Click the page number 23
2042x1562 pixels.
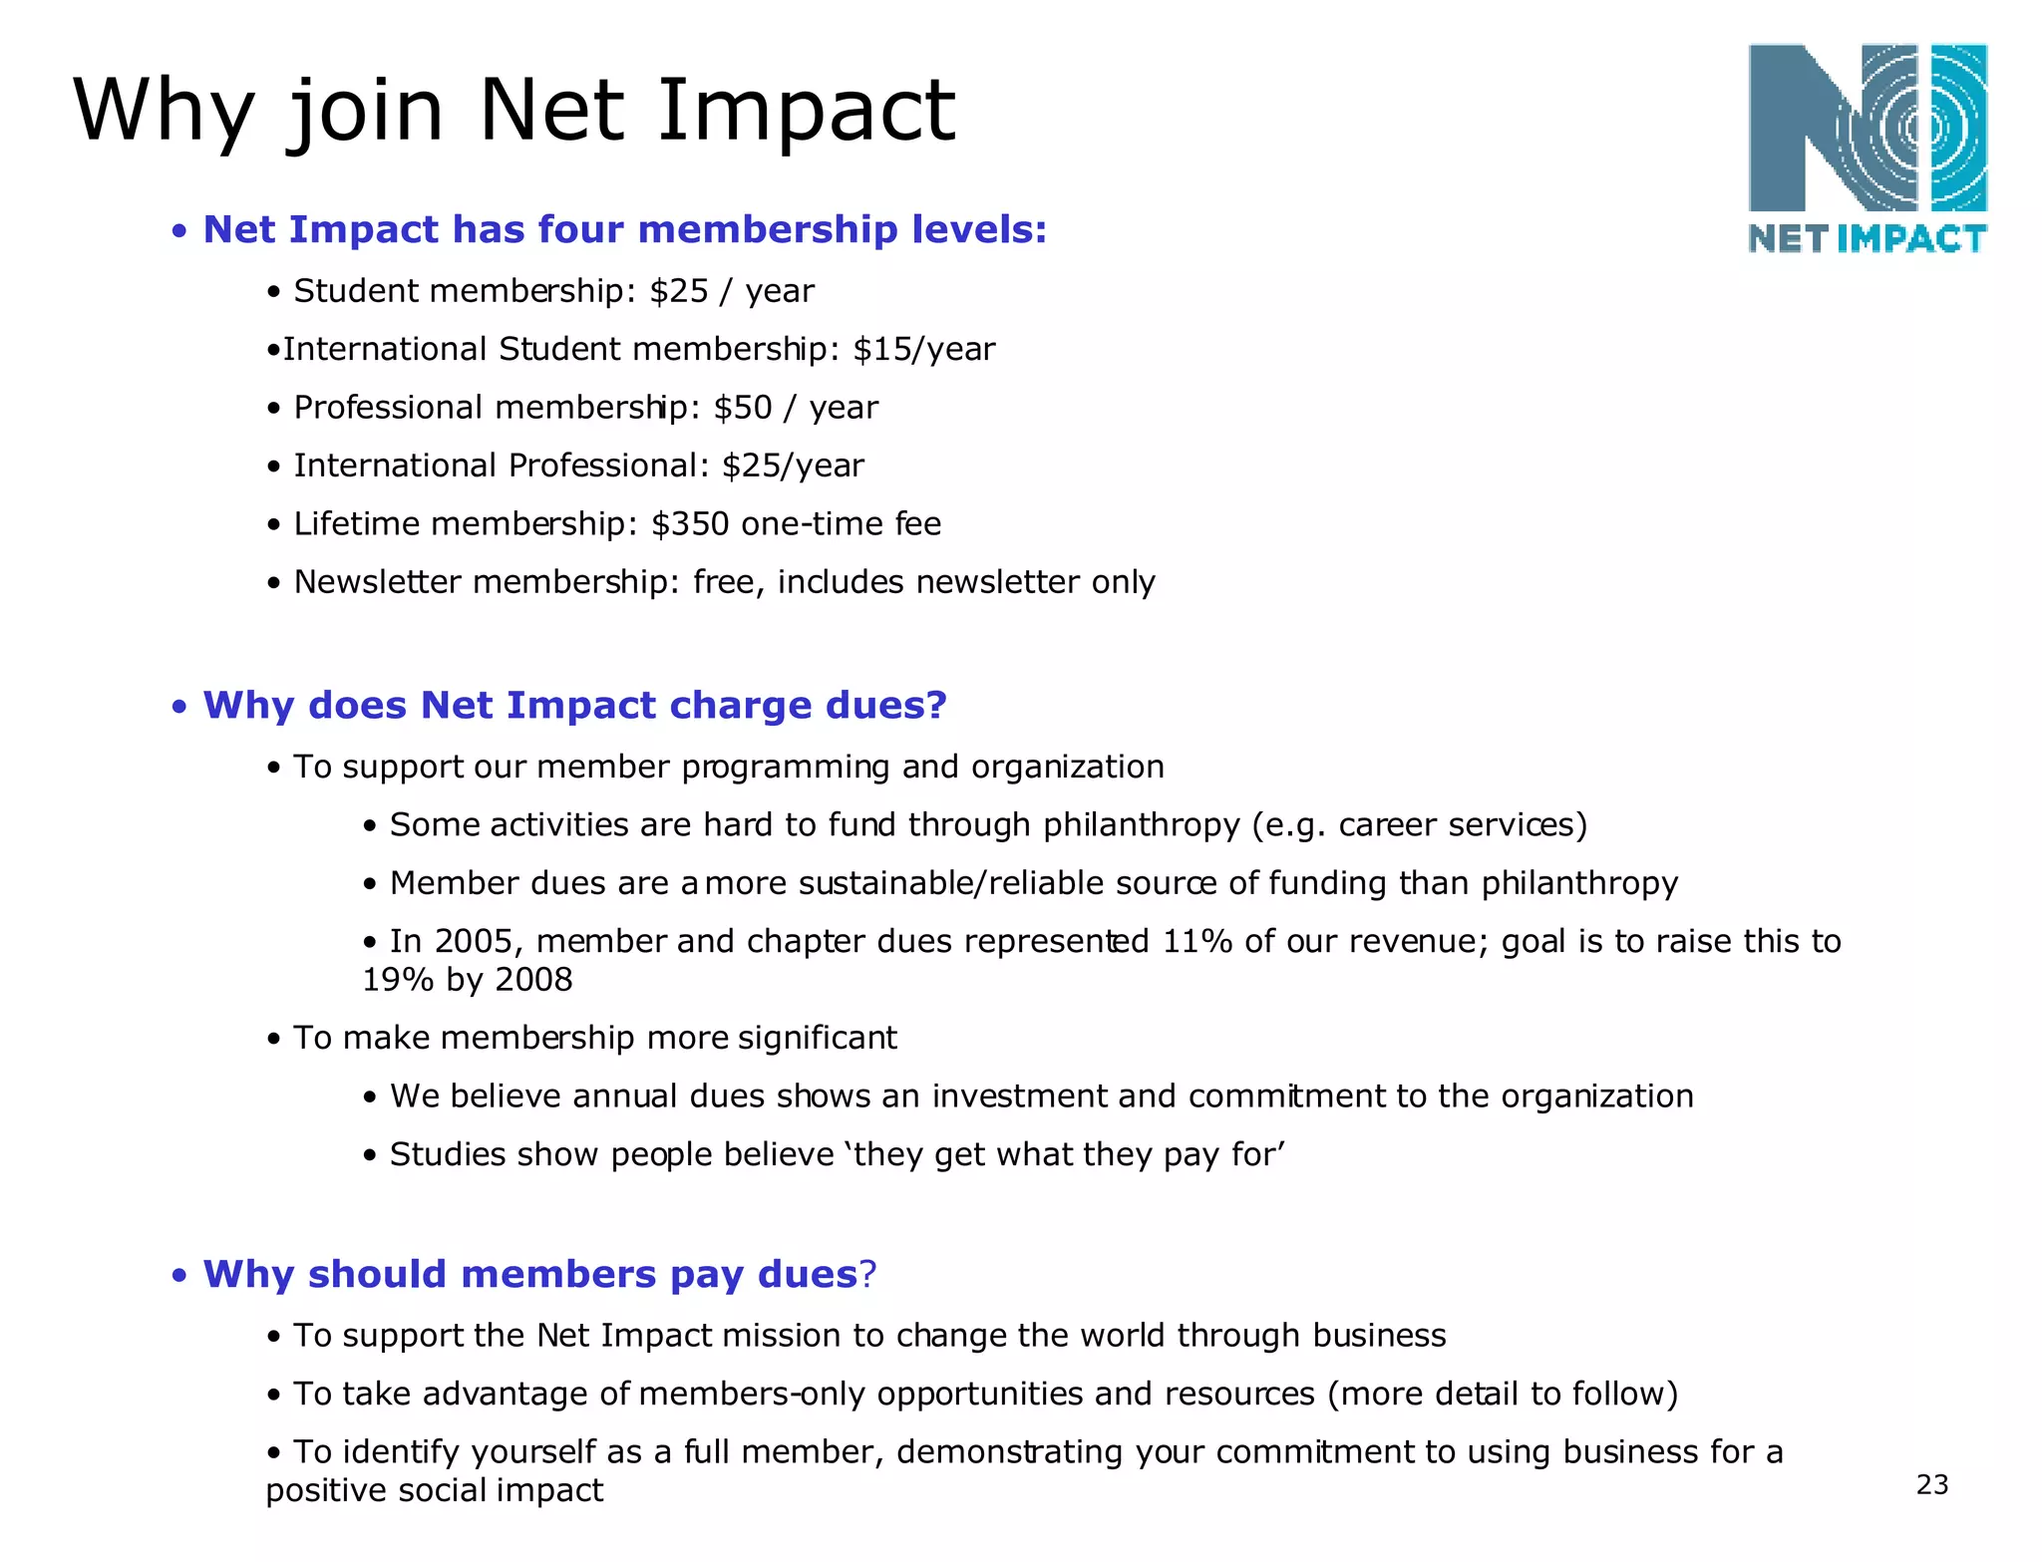point(1931,1485)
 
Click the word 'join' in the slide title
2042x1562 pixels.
point(365,112)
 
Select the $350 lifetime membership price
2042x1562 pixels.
point(690,524)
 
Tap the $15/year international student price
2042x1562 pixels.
point(924,350)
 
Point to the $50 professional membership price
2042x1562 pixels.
point(743,408)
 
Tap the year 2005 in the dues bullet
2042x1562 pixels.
point(474,942)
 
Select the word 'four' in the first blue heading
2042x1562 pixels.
point(582,230)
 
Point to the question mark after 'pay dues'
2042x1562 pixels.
point(867,1275)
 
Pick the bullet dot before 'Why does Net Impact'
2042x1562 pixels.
point(179,708)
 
